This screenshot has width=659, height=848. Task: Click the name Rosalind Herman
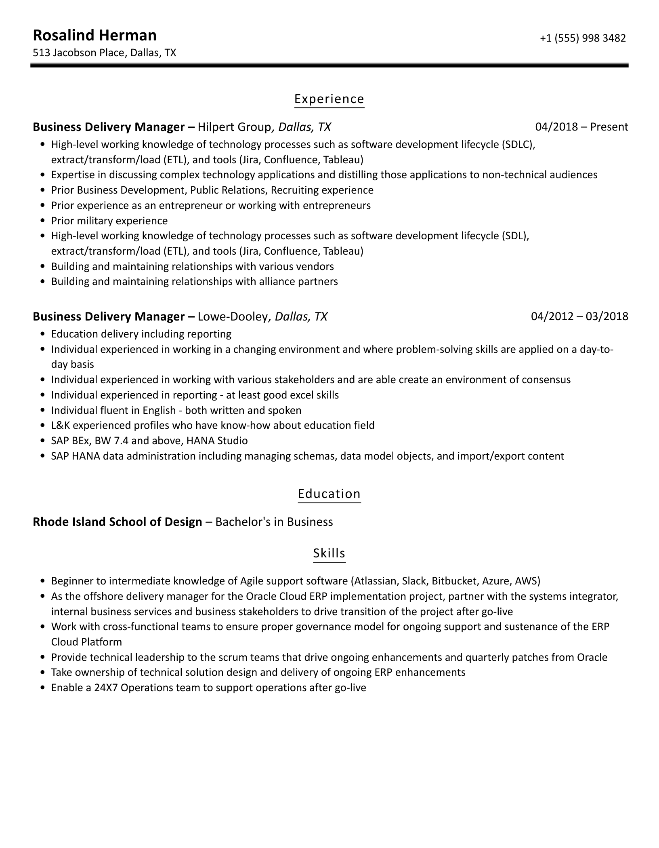coord(94,36)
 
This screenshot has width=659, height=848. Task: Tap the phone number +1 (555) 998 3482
coord(583,38)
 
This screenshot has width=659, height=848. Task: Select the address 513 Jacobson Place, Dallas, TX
coord(104,53)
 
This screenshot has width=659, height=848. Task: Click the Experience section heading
coord(329,99)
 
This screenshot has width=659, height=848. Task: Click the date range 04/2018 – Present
coord(581,127)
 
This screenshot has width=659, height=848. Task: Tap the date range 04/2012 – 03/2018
coord(579,316)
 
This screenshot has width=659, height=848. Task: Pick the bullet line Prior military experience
coord(109,221)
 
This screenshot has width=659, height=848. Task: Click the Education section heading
coord(329,494)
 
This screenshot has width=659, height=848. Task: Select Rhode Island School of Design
coord(117,522)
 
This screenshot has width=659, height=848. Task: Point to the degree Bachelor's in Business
coord(274,522)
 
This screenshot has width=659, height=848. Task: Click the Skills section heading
coord(329,553)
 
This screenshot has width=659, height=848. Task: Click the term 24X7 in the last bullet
coord(106,688)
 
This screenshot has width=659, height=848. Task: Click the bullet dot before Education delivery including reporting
coord(43,334)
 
